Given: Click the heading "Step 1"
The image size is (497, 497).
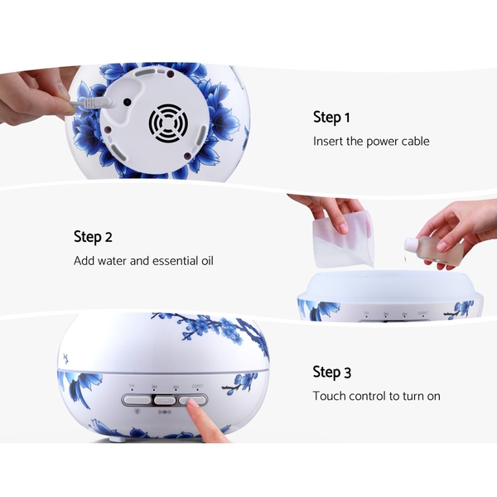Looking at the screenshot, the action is coord(331,117).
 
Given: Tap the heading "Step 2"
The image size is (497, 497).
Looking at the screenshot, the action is coord(93,237).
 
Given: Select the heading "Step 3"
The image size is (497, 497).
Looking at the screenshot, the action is coord(332,372).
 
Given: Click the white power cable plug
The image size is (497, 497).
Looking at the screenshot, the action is coord(95,104).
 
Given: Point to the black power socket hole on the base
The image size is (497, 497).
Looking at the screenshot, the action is coord(127,102).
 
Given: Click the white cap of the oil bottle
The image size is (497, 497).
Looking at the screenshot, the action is coord(410,244).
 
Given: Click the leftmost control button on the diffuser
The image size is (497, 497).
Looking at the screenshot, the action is coord(137,400).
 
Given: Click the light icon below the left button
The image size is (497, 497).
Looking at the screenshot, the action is coord(137,412).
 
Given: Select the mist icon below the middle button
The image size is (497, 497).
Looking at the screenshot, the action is coord(165,412).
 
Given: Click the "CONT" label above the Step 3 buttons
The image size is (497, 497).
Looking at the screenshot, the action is coord(197,386).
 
